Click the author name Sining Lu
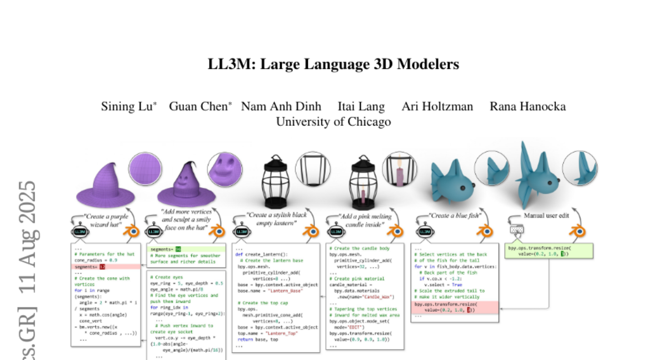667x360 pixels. (x=127, y=107)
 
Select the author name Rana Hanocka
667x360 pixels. (x=527, y=107)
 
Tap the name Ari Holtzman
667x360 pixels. (x=437, y=107)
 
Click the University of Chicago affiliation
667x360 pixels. (x=333, y=122)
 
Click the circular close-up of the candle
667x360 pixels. (x=400, y=168)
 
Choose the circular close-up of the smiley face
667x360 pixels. (x=225, y=169)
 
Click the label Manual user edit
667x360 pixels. (x=546, y=216)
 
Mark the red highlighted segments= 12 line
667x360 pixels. (x=89, y=267)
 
